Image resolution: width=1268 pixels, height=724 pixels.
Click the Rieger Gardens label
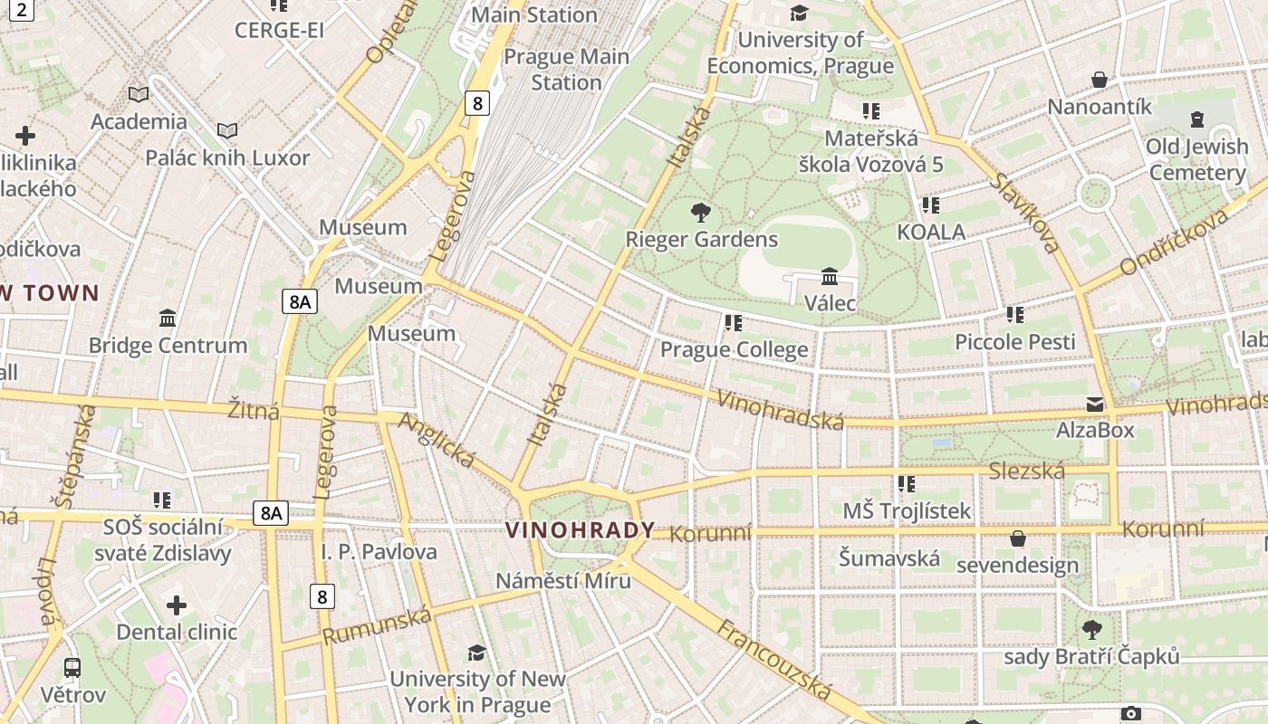(x=701, y=240)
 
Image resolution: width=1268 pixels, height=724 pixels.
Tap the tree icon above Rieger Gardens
(x=700, y=214)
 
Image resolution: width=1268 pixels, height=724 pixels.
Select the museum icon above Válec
(x=829, y=276)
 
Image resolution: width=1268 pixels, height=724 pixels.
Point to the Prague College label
(x=734, y=350)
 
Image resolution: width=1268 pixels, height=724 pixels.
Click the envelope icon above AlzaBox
(x=1095, y=405)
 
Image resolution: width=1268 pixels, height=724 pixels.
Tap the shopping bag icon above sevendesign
(x=1018, y=539)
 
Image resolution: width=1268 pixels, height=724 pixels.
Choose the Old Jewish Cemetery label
(x=1196, y=159)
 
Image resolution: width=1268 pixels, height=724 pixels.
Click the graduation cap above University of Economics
(x=799, y=13)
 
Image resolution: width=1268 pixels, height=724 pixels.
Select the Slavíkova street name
(x=1024, y=213)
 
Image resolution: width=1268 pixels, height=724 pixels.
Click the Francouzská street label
(x=774, y=660)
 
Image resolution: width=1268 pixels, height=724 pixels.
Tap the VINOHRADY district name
(x=580, y=530)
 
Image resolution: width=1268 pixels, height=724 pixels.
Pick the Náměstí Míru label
(x=563, y=581)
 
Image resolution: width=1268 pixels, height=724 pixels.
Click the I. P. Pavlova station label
(x=379, y=552)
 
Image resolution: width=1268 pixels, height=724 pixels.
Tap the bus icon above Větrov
(x=72, y=668)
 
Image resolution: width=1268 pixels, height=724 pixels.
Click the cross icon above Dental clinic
(x=177, y=605)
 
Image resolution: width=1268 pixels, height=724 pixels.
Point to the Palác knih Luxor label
(x=227, y=158)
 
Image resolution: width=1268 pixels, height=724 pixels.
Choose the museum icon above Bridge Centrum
(x=168, y=319)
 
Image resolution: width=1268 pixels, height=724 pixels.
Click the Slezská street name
(x=1026, y=471)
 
